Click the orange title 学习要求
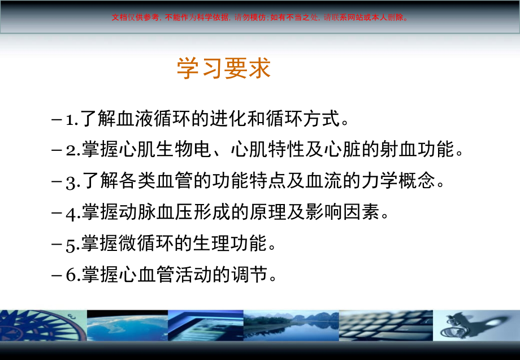point(224,68)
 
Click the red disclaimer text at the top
point(260,18)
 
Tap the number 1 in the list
point(70,120)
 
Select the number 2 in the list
point(71,150)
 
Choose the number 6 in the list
point(71,275)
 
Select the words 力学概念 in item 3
point(398,180)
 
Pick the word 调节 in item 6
point(249,274)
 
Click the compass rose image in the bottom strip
point(44,326)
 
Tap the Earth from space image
point(127,326)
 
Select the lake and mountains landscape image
point(291,326)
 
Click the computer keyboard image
point(385,326)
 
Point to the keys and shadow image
point(476,326)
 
